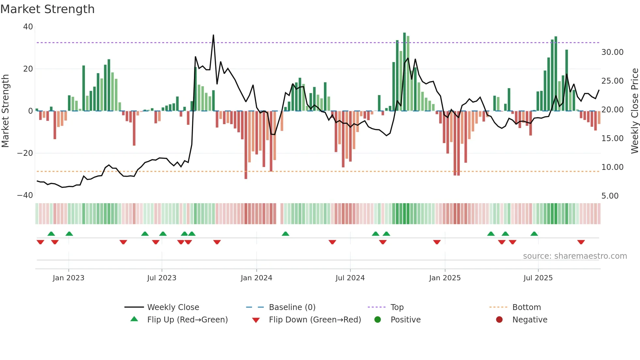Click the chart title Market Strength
pyautogui.click(x=47, y=9)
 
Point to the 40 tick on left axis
pyautogui.click(x=28, y=27)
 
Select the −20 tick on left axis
pyautogui.click(x=25, y=153)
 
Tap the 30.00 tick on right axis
pyautogui.click(x=612, y=52)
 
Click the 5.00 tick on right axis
pyautogui.click(x=610, y=196)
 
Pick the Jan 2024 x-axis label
pyautogui.click(x=256, y=278)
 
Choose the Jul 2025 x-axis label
pyautogui.click(x=538, y=278)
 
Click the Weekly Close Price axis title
pyautogui.click(x=634, y=111)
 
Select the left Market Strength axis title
pyautogui.click(x=6, y=111)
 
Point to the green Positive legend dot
pyautogui.click(x=377, y=319)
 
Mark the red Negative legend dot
pyautogui.click(x=499, y=319)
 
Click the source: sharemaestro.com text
pyautogui.click(x=575, y=256)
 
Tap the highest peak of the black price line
pyautogui.click(x=214, y=35)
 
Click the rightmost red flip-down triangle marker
pyautogui.click(x=581, y=242)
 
